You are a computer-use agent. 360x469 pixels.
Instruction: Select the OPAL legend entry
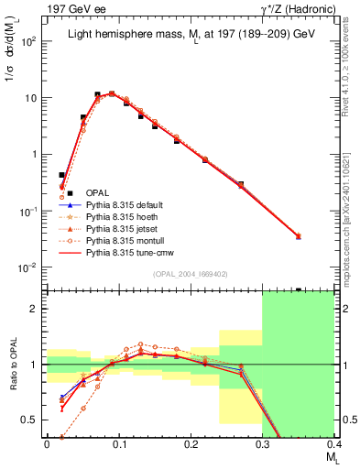coord(97,192)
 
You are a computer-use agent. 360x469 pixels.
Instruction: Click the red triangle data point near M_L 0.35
coord(298,236)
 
